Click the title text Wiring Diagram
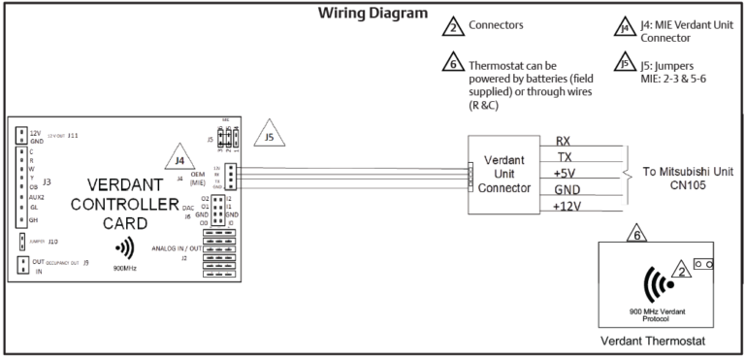tap(372, 14)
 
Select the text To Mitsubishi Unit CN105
tap(688, 178)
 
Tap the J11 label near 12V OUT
tap(73, 135)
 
